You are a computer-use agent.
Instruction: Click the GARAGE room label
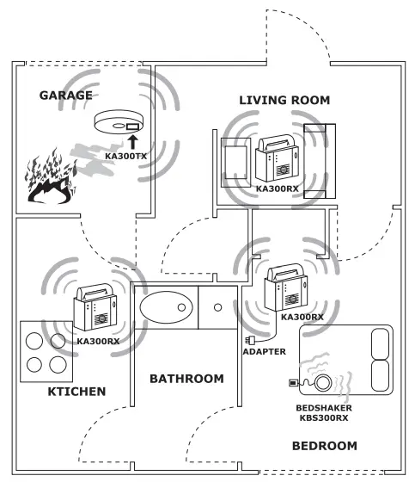coord(65,95)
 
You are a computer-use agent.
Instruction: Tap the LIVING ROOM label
coord(284,101)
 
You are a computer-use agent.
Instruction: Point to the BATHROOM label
coord(186,379)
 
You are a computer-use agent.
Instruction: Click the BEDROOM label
coord(325,446)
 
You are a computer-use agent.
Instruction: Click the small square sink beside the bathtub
coord(217,306)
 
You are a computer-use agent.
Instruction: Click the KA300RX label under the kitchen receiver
coord(96,342)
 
